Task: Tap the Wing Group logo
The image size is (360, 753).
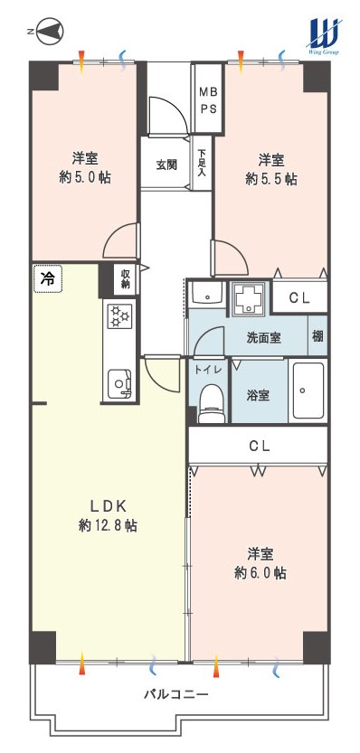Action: point(325,35)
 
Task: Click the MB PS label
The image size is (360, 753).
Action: point(208,99)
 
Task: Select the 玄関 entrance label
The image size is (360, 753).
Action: point(166,165)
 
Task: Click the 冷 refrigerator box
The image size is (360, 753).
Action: point(48,279)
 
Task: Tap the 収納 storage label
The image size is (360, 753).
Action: point(126,279)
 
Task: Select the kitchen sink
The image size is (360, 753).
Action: point(119,383)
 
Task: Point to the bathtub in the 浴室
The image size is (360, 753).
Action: point(308,391)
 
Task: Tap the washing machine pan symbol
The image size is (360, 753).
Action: point(248,299)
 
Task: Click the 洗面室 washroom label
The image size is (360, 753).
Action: point(263,337)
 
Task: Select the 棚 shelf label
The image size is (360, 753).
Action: point(317,336)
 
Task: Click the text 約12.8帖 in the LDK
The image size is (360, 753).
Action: point(108,526)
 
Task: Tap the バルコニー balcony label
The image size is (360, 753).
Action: point(175,694)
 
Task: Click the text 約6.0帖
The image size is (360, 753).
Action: point(261,573)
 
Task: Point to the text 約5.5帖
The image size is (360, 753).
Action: point(271,179)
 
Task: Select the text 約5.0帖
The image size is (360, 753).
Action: point(85,178)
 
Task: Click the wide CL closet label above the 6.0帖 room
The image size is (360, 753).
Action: point(259,447)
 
